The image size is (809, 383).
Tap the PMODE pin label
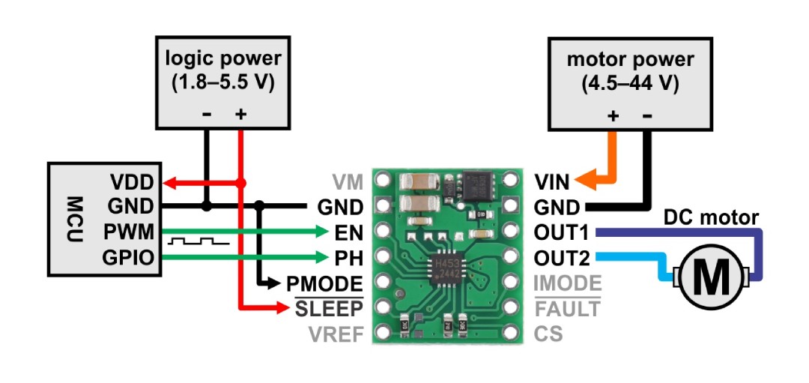pos(325,283)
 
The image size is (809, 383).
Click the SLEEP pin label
pos(328,308)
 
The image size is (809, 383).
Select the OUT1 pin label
pos(563,232)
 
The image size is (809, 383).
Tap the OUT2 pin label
pos(563,257)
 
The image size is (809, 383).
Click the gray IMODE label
pos(567,283)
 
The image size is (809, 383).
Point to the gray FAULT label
pos(567,308)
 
